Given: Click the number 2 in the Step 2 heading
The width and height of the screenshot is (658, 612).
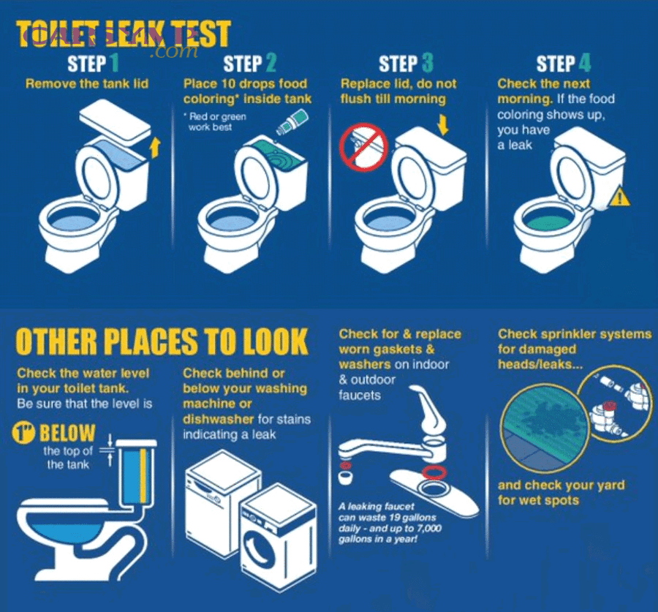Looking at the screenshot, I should (271, 64).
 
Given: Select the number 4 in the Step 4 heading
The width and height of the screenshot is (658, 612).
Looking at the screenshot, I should (585, 64).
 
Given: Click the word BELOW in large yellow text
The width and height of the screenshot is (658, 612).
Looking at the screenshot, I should (67, 432).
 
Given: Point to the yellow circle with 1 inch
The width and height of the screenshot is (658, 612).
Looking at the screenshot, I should (24, 432).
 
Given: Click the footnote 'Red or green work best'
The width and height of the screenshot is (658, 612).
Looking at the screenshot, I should (216, 122).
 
